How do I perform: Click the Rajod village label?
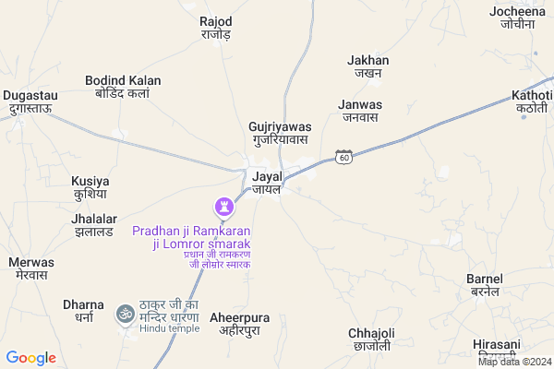click(216, 28)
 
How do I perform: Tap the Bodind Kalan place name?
click(123, 87)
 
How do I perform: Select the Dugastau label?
click(30, 101)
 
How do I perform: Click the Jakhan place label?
click(368, 67)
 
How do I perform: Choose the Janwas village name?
click(360, 111)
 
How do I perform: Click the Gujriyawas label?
click(281, 133)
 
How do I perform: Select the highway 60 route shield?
click(343, 157)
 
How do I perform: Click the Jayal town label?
click(266, 181)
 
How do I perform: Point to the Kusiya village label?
click(90, 188)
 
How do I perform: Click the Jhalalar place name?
click(93, 225)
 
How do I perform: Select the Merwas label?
click(31, 268)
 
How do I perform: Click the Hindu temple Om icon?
click(125, 315)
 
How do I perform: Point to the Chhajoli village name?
click(371, 339)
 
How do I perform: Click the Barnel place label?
click(485, 285)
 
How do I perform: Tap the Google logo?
click(31, 358)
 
